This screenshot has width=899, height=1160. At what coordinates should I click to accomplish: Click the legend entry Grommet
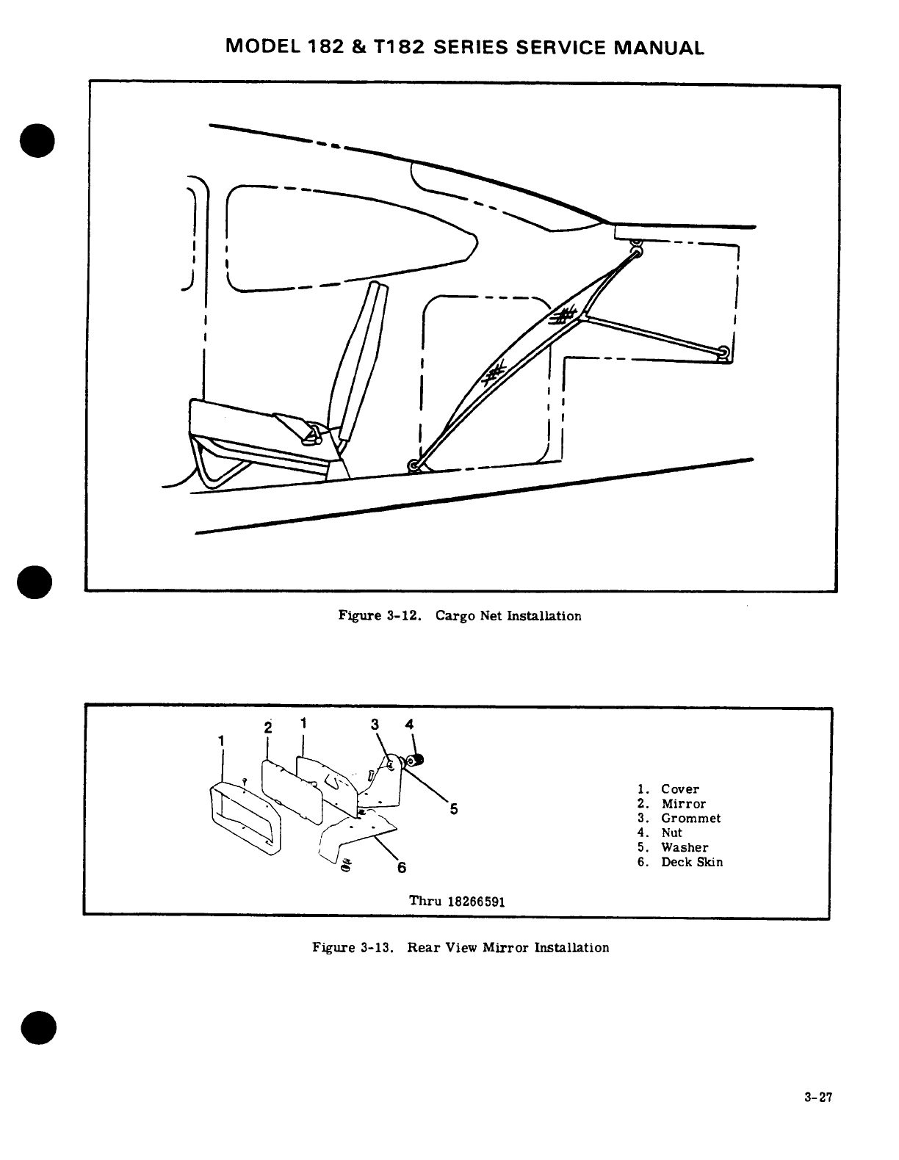tap(690, 819)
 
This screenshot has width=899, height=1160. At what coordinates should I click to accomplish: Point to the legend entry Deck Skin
tap(692, 862)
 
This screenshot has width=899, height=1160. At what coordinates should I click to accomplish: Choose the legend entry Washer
tap(685, 847)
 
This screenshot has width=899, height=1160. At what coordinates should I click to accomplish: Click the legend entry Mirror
tap(683, 804)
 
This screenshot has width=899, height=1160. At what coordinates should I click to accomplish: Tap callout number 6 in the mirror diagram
tap(402, 868)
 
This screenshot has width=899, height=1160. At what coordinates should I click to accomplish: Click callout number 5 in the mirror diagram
tap(454, 809)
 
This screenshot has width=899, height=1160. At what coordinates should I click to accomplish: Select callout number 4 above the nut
tap(409, 725)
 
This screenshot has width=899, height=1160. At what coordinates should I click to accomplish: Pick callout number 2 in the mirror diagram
tap(268, 728)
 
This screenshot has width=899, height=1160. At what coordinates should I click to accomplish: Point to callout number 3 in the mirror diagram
tap(375, 725)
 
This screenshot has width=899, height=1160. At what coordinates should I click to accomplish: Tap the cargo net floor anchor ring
tap(414, 465)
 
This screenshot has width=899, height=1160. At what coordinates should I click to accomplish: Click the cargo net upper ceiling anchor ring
tap(636, 252)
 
